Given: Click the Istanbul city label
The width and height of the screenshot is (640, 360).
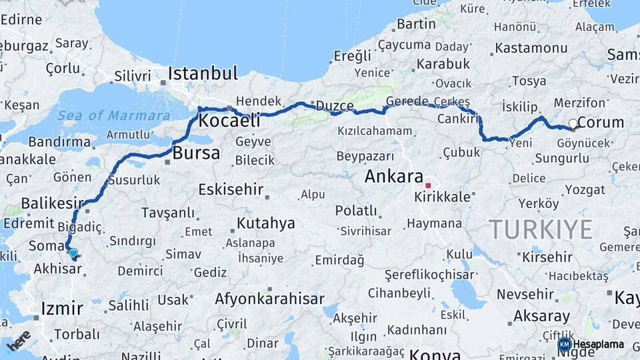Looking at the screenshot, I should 203,73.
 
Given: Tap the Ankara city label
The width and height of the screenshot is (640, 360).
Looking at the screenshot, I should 394,177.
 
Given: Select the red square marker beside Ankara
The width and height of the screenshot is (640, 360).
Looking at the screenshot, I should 429,185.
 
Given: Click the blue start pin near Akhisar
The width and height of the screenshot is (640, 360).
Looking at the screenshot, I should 73,253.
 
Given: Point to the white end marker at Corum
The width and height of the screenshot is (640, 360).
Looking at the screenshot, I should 572,124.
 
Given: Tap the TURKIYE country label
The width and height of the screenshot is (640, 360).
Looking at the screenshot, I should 541,230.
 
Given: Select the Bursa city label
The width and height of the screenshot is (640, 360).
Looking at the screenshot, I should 196,153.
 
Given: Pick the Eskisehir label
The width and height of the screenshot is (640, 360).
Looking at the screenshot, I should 231,189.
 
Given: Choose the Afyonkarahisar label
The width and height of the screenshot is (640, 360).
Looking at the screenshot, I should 269,299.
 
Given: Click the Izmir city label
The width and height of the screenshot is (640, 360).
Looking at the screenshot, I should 62,308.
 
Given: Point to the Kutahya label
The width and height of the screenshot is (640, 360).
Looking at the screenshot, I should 265,223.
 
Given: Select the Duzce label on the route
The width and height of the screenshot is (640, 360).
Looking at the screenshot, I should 335,105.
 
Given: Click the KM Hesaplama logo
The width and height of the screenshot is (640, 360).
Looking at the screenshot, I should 591,344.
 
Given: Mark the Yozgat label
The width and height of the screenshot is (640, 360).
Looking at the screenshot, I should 585,189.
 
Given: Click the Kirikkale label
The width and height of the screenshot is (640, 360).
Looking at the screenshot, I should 442,197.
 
